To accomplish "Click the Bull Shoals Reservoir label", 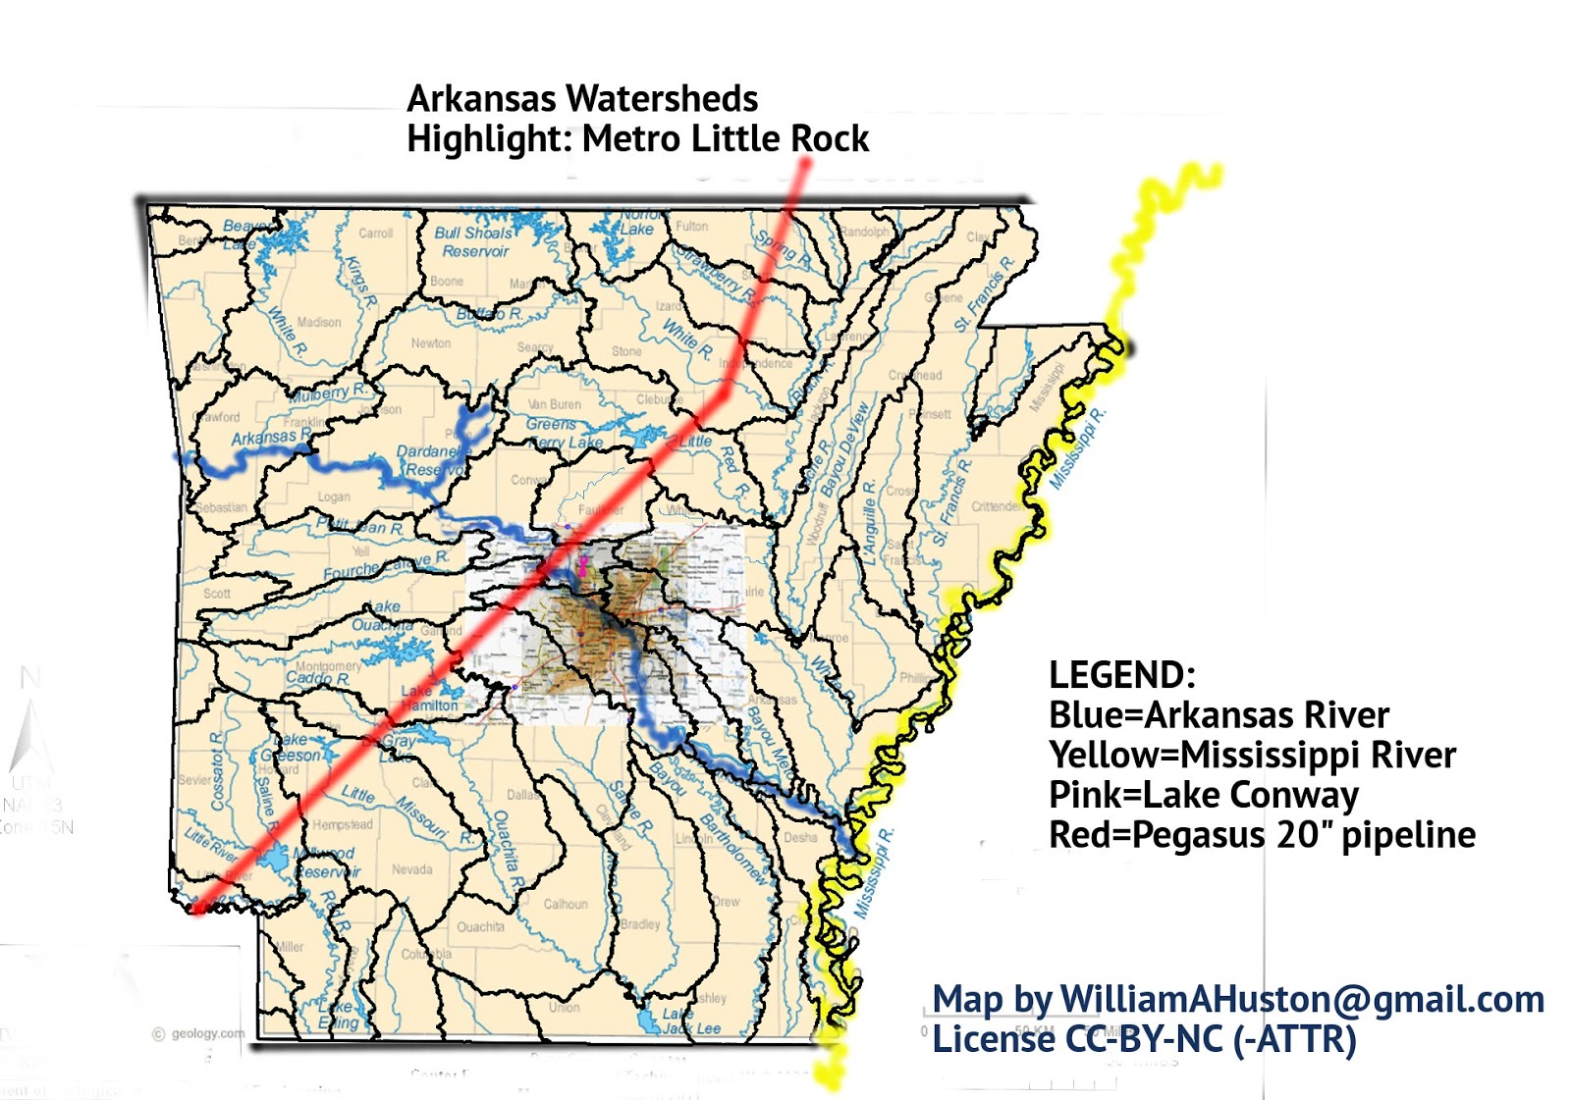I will tap(473, 241).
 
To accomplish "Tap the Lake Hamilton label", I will tap(429, 698).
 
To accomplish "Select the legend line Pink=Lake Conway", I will tap(1204, 794).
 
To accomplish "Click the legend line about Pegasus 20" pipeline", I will tap(1262, 834).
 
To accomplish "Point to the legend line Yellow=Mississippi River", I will tap(1252, 755).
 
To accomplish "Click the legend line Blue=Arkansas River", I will tap(1219, 714).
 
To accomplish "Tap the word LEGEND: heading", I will tap(1121, 675).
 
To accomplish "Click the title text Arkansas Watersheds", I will tap(582, 99).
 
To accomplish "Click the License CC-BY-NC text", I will tap(1144, 1039).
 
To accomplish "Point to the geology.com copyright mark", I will tap(199, 1033).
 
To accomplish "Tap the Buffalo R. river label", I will tap(489, 314).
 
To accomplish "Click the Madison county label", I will tap(319, 322).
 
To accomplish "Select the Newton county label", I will tap(431, 343).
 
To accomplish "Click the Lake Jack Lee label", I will tap(690, 1021).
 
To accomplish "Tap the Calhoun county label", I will tap(566, 904).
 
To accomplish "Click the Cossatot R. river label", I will tap(218, 770).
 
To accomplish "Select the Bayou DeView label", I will tap(845, 449).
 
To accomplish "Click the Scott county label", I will tap(216, 594).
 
